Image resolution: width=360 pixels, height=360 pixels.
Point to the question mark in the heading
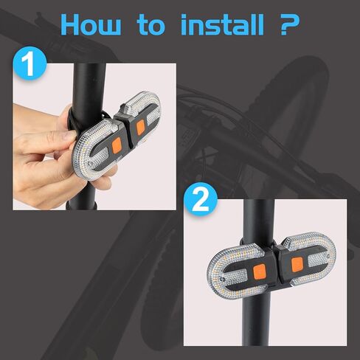288,24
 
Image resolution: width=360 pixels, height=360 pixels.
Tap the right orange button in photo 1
140,126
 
